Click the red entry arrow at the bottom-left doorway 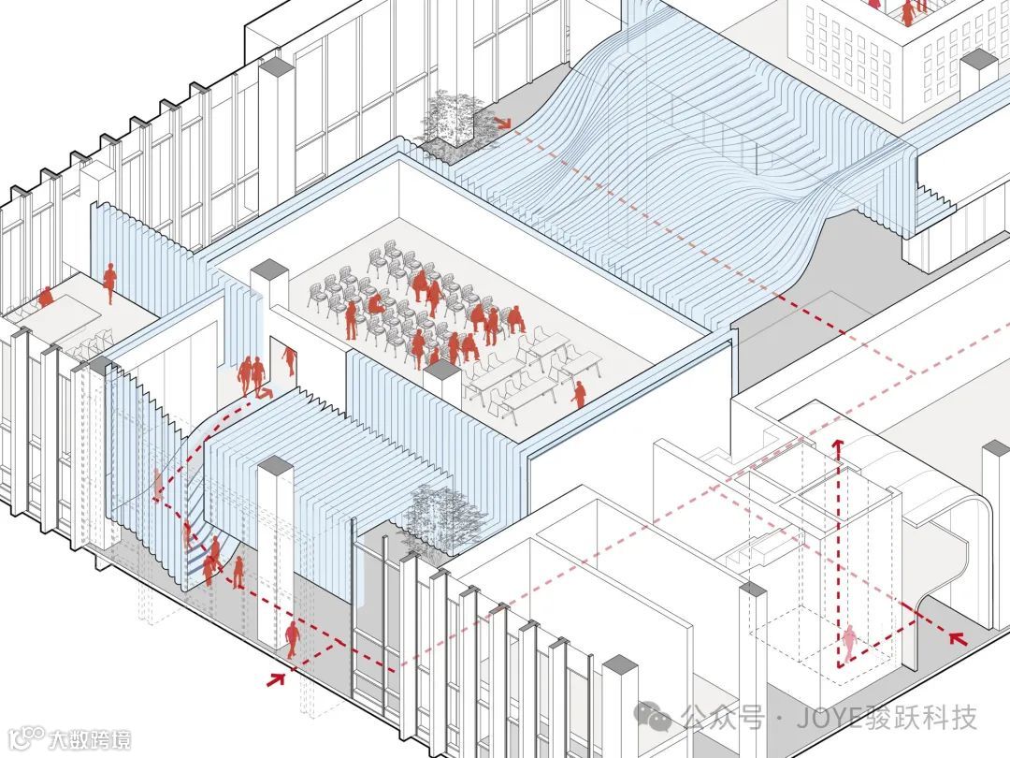[276, 677]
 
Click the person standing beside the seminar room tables [579, 394]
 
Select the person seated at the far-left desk [45, 299]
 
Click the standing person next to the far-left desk [109, 282]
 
